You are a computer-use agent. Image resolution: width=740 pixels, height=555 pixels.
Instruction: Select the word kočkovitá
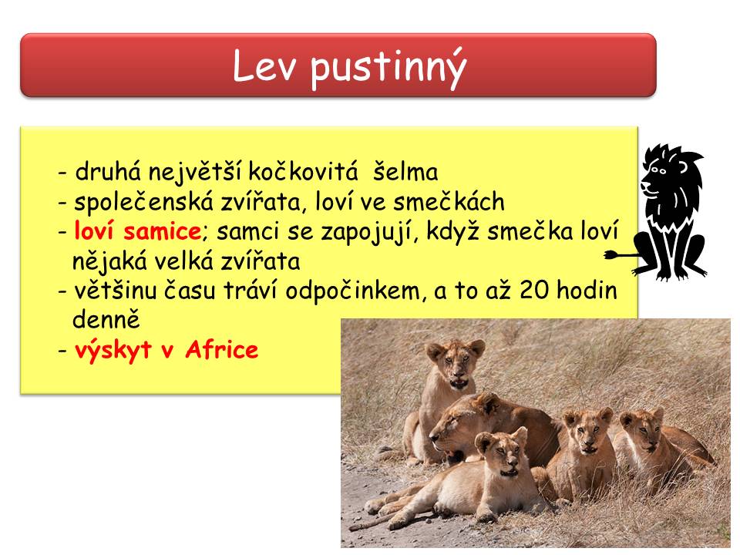pyautogui.click(x=303, y=171)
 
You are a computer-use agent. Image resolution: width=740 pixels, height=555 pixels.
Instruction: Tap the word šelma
pyautogui.click(x=405, y=171)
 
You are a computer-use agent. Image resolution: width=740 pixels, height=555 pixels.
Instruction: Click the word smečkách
pyautogui.click(x=449, y=201)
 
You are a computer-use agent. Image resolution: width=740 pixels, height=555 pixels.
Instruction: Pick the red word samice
pyautogui.click(x=163, y=232)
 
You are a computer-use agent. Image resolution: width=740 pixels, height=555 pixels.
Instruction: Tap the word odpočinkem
pyautogui.click(x=352, y=291)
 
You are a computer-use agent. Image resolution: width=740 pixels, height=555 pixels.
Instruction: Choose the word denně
pyautogui.click(x=106, y=320)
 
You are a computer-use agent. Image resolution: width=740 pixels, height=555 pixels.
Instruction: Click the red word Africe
pyautogui.click(x=222, y=350)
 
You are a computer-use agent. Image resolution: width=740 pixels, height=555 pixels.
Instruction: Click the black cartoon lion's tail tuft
pyautogui.click(x=611, y=255)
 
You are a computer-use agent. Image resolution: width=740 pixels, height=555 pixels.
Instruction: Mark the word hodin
pyautogui.click(x=587, y=290)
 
